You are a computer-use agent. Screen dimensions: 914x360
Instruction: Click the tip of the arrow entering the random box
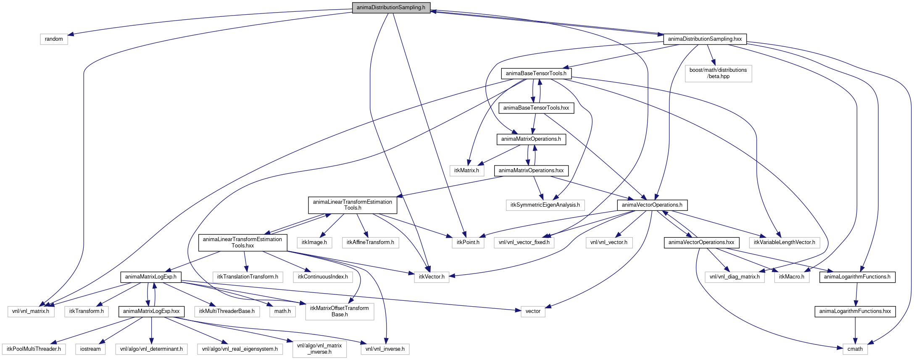point(68,34)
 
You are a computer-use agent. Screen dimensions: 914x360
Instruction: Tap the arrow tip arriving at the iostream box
point(99,344)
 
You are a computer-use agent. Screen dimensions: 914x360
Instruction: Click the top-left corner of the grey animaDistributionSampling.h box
point(352,2)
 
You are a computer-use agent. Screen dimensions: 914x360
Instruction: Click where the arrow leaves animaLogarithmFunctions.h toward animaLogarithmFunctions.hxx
point(856,283)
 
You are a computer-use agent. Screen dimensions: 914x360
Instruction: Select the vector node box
point(533,311)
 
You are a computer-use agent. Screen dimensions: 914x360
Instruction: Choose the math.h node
point(282,311)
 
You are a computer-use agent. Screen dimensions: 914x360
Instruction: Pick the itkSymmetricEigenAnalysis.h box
point(545,205)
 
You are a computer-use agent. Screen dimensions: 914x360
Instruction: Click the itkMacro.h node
point(792,277)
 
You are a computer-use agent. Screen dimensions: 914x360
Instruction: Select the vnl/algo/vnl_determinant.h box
point(151,349)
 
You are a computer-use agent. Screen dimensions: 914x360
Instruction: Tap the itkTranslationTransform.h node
point(248,277)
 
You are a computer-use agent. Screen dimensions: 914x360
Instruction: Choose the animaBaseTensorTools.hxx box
point(536,108)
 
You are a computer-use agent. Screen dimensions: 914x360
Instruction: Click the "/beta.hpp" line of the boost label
point(719,76)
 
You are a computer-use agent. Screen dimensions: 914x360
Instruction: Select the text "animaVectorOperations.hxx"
point(701,242)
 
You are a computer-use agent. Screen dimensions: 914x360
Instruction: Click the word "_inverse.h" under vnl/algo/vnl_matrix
point(319,352)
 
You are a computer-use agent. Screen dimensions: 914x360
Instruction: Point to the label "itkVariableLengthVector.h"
point(784,242)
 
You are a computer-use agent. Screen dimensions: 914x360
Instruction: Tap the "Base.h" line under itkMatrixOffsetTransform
point(340,314)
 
